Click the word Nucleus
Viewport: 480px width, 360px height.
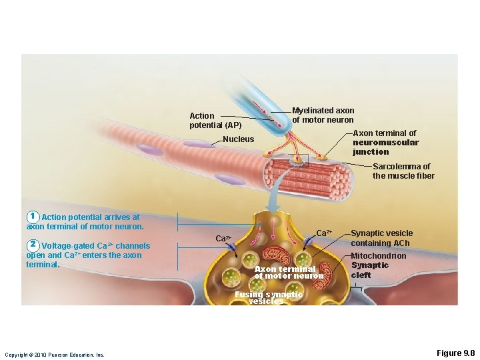pyautogui.click(x=239, y=139)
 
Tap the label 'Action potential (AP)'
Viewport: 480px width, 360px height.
pyautogui.click(x=215, y=121)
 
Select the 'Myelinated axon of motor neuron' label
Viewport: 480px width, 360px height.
pyautogui.click(x=323, y=115)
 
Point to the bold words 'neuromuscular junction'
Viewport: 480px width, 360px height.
pyautogui.click(x=385, y=147)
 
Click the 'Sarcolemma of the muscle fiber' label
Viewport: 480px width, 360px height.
pyautogui.click(x=403, y=171)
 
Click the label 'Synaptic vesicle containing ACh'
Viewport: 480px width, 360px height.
pyautogui.click(x=381, y=238)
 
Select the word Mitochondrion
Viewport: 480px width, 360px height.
pyautogui.click(x=378, y=256)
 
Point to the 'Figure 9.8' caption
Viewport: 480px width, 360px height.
pyautogui.click(x=455, y=353)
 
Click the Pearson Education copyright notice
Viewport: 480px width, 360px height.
pyautogui.click(x=55, y=355)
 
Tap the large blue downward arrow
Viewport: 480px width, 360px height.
pyautogui.click(x=273, y=197)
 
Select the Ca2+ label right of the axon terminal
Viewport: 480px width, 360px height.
pyautogui.click(x=324, y=233)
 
